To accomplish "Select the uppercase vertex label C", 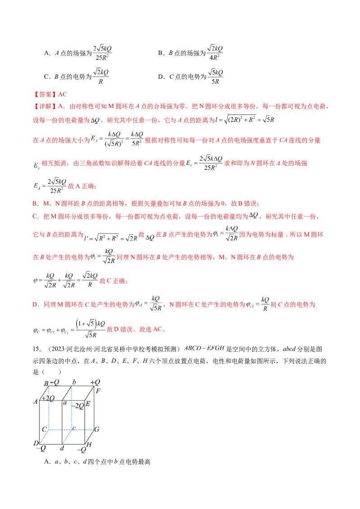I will click(45, 429).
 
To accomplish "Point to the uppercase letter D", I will click(36, 444).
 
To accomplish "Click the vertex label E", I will click(88, 404).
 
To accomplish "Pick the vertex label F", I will click(98, 391).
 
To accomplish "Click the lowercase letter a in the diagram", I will click(65, 403).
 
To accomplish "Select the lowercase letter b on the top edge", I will click(74, 382).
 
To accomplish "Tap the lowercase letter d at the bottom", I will click(62, 449).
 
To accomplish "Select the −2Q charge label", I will click(78, 406).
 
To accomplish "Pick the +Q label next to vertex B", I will click(54, 383).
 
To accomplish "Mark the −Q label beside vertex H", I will click(81, 450).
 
